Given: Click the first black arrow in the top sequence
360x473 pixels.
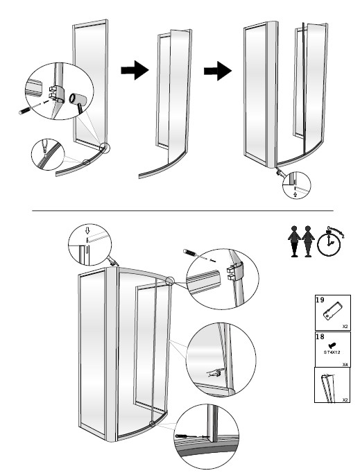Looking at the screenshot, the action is click(135, 70).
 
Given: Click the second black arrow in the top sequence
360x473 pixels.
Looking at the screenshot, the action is click(218, 71).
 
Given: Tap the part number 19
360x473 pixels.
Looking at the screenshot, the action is click(320, 300).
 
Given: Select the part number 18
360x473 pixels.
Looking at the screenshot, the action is click(320, 336).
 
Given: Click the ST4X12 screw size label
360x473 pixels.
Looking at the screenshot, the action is click(332, 352).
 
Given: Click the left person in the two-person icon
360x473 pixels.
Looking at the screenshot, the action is click(295, 241).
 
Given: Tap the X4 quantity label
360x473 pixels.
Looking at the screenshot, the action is click(345, 364).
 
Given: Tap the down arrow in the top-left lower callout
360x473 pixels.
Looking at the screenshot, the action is click(87, 230).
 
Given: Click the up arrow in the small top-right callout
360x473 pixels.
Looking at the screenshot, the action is click(295, 195).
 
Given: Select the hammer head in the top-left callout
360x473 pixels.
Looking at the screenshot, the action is click(77, 99).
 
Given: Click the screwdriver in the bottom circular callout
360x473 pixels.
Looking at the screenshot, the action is click(187, 436).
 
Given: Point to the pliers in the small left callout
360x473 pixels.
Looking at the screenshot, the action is click(44, 146).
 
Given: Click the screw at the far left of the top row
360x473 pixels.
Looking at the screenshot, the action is click(26, 110).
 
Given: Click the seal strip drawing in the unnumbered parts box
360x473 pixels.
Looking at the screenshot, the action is click(327, 388).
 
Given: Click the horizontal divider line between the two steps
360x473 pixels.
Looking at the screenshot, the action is click(183, 211).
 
